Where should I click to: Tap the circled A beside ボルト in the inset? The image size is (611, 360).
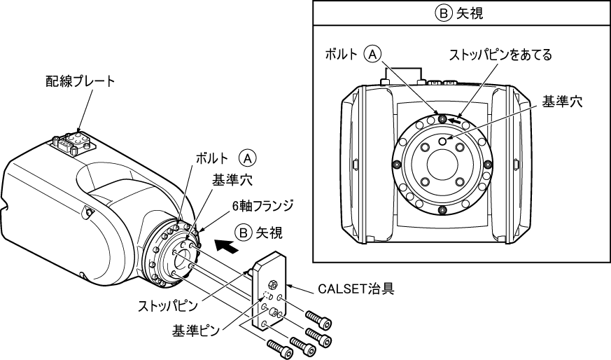[x=374, y=54]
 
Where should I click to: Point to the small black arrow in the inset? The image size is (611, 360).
[x=455, y=120]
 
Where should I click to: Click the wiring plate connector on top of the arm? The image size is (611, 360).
[x=73, y=142]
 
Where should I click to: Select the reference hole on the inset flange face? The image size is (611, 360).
[x=442, y=141]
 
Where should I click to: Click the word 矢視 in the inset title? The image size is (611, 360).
[x=469, y=13]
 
